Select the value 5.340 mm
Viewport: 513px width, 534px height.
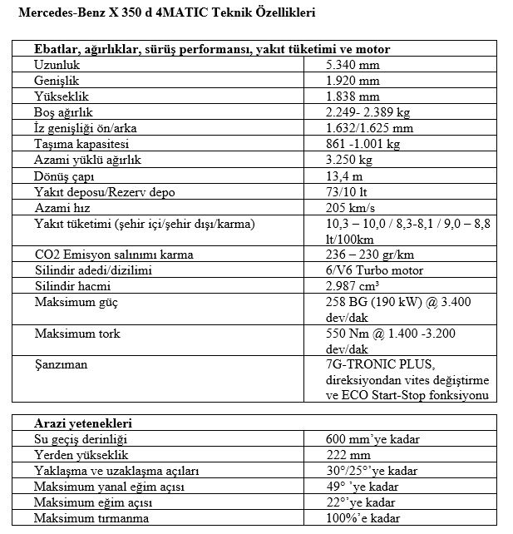[x=353, y=65]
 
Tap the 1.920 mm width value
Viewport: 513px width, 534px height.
[x=353, y=81]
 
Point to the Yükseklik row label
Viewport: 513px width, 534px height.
[x=61, y=96]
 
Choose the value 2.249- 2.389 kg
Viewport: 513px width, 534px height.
[x=369, y=112]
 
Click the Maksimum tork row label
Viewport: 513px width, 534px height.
[x=77, y=334]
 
